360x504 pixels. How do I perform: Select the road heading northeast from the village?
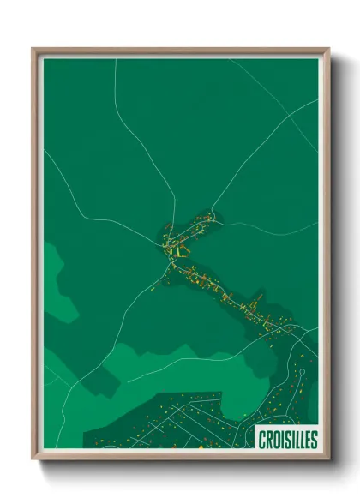click(x=249, y=159)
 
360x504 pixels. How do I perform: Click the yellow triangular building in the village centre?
click(x=180, y=251)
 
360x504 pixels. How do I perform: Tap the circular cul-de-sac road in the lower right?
click(x=301, y=372)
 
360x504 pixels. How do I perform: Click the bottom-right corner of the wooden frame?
click(x=328, y=458)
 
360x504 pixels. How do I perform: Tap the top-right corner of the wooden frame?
click(x=328, y=50)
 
